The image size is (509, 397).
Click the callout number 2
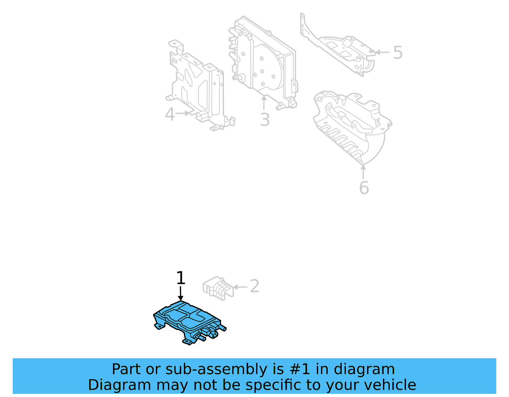click(254, 286)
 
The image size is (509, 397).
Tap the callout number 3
click(265, 120)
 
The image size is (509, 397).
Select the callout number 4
click(170, 114)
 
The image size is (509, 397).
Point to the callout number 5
click(398, 52)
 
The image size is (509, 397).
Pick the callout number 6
click(364, 188)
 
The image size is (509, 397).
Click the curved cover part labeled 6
click(353, 127)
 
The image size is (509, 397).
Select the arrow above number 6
click(363, 172)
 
